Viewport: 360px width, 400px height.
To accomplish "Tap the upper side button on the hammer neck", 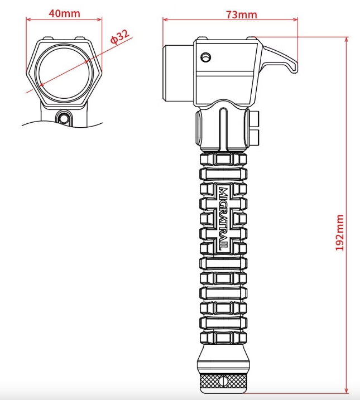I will point(256,118).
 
